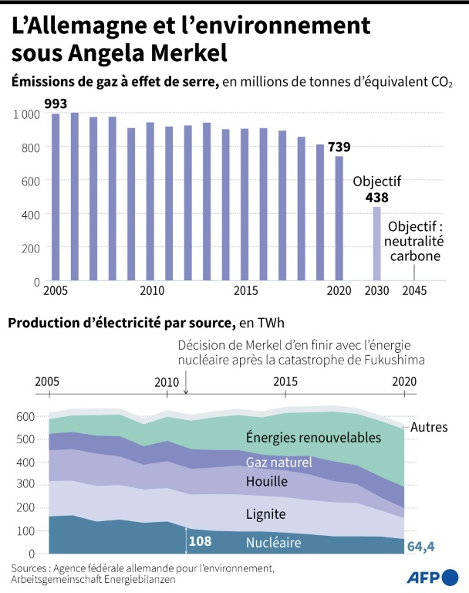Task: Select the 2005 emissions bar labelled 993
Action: (56, 196)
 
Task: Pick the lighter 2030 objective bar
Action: (377, 243)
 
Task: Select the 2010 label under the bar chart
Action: (152, 291)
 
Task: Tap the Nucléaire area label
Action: (273, 543)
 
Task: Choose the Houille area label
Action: (267, 482)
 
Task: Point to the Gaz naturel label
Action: (278, 463)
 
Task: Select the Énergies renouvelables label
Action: (313, 438)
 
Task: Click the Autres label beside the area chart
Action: (429, 427)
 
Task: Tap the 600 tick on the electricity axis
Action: (25, 417)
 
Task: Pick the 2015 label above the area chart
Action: (286, 381)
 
